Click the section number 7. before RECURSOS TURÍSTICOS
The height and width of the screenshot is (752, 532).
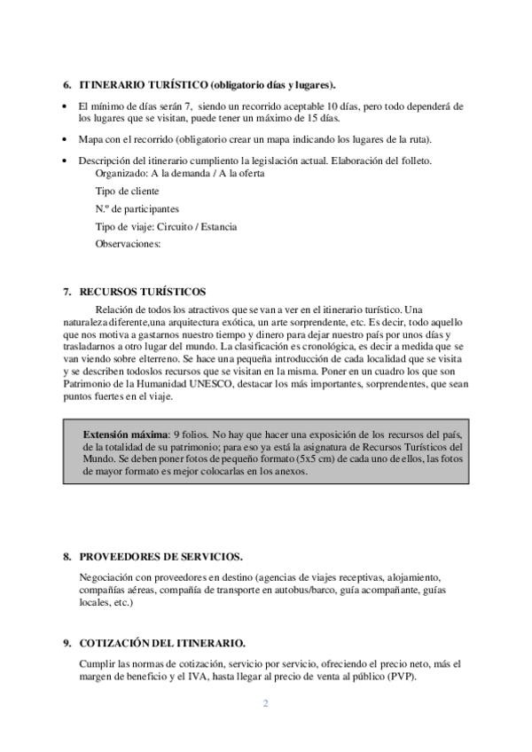tap(67, 291)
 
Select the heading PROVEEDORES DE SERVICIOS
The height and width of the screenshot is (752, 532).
tap(160, 556)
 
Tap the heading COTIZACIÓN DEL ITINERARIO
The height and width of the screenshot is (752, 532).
tap(162, 642)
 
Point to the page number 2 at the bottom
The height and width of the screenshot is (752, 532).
tap(265, 705)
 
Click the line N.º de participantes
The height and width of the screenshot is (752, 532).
tap(137, 209)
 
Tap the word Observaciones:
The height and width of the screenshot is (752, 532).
tap(128, 244)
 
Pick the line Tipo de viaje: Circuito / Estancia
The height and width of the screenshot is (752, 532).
tap(166, 227)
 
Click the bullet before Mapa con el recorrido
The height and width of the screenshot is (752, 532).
tap(68, 140)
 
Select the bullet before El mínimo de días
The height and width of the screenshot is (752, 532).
tap(68, 106)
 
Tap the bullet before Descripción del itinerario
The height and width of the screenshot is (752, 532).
tap(68, 161)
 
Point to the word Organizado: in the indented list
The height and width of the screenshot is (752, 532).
tap(121, 174)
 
